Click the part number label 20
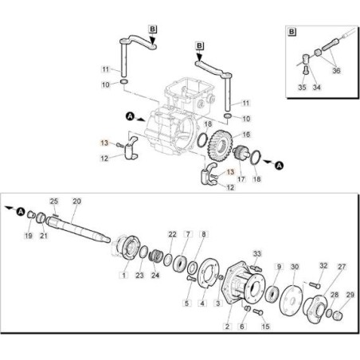pyautogui.click(x=77, y=201)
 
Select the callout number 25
pyautogui.click(x=54, y=201)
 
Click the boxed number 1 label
pyautogui.click(x=123, y=275)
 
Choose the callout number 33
pyautogui.click(x=256, y=253)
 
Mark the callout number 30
pyautogui.click(x=295, y=267)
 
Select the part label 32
pyautogui.click(x=323, y=266)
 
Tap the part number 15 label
pyautogui.click(x=266, y=326)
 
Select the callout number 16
pyautogui.click(x=246, y=134)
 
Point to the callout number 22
pyautogui.click(x=172, y=233)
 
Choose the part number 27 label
pyautogui.click(x=342, y=267)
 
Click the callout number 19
pyautogui.click(x=27, y=237)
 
